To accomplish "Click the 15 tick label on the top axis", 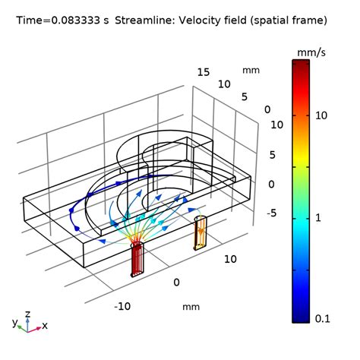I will pos(203,72).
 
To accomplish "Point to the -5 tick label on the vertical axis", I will pos(270,213).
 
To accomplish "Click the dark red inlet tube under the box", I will pos(137,258).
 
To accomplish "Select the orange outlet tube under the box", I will pos(201,232).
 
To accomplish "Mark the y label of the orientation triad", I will pos(14,322).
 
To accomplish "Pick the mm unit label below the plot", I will pos(190,308).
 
